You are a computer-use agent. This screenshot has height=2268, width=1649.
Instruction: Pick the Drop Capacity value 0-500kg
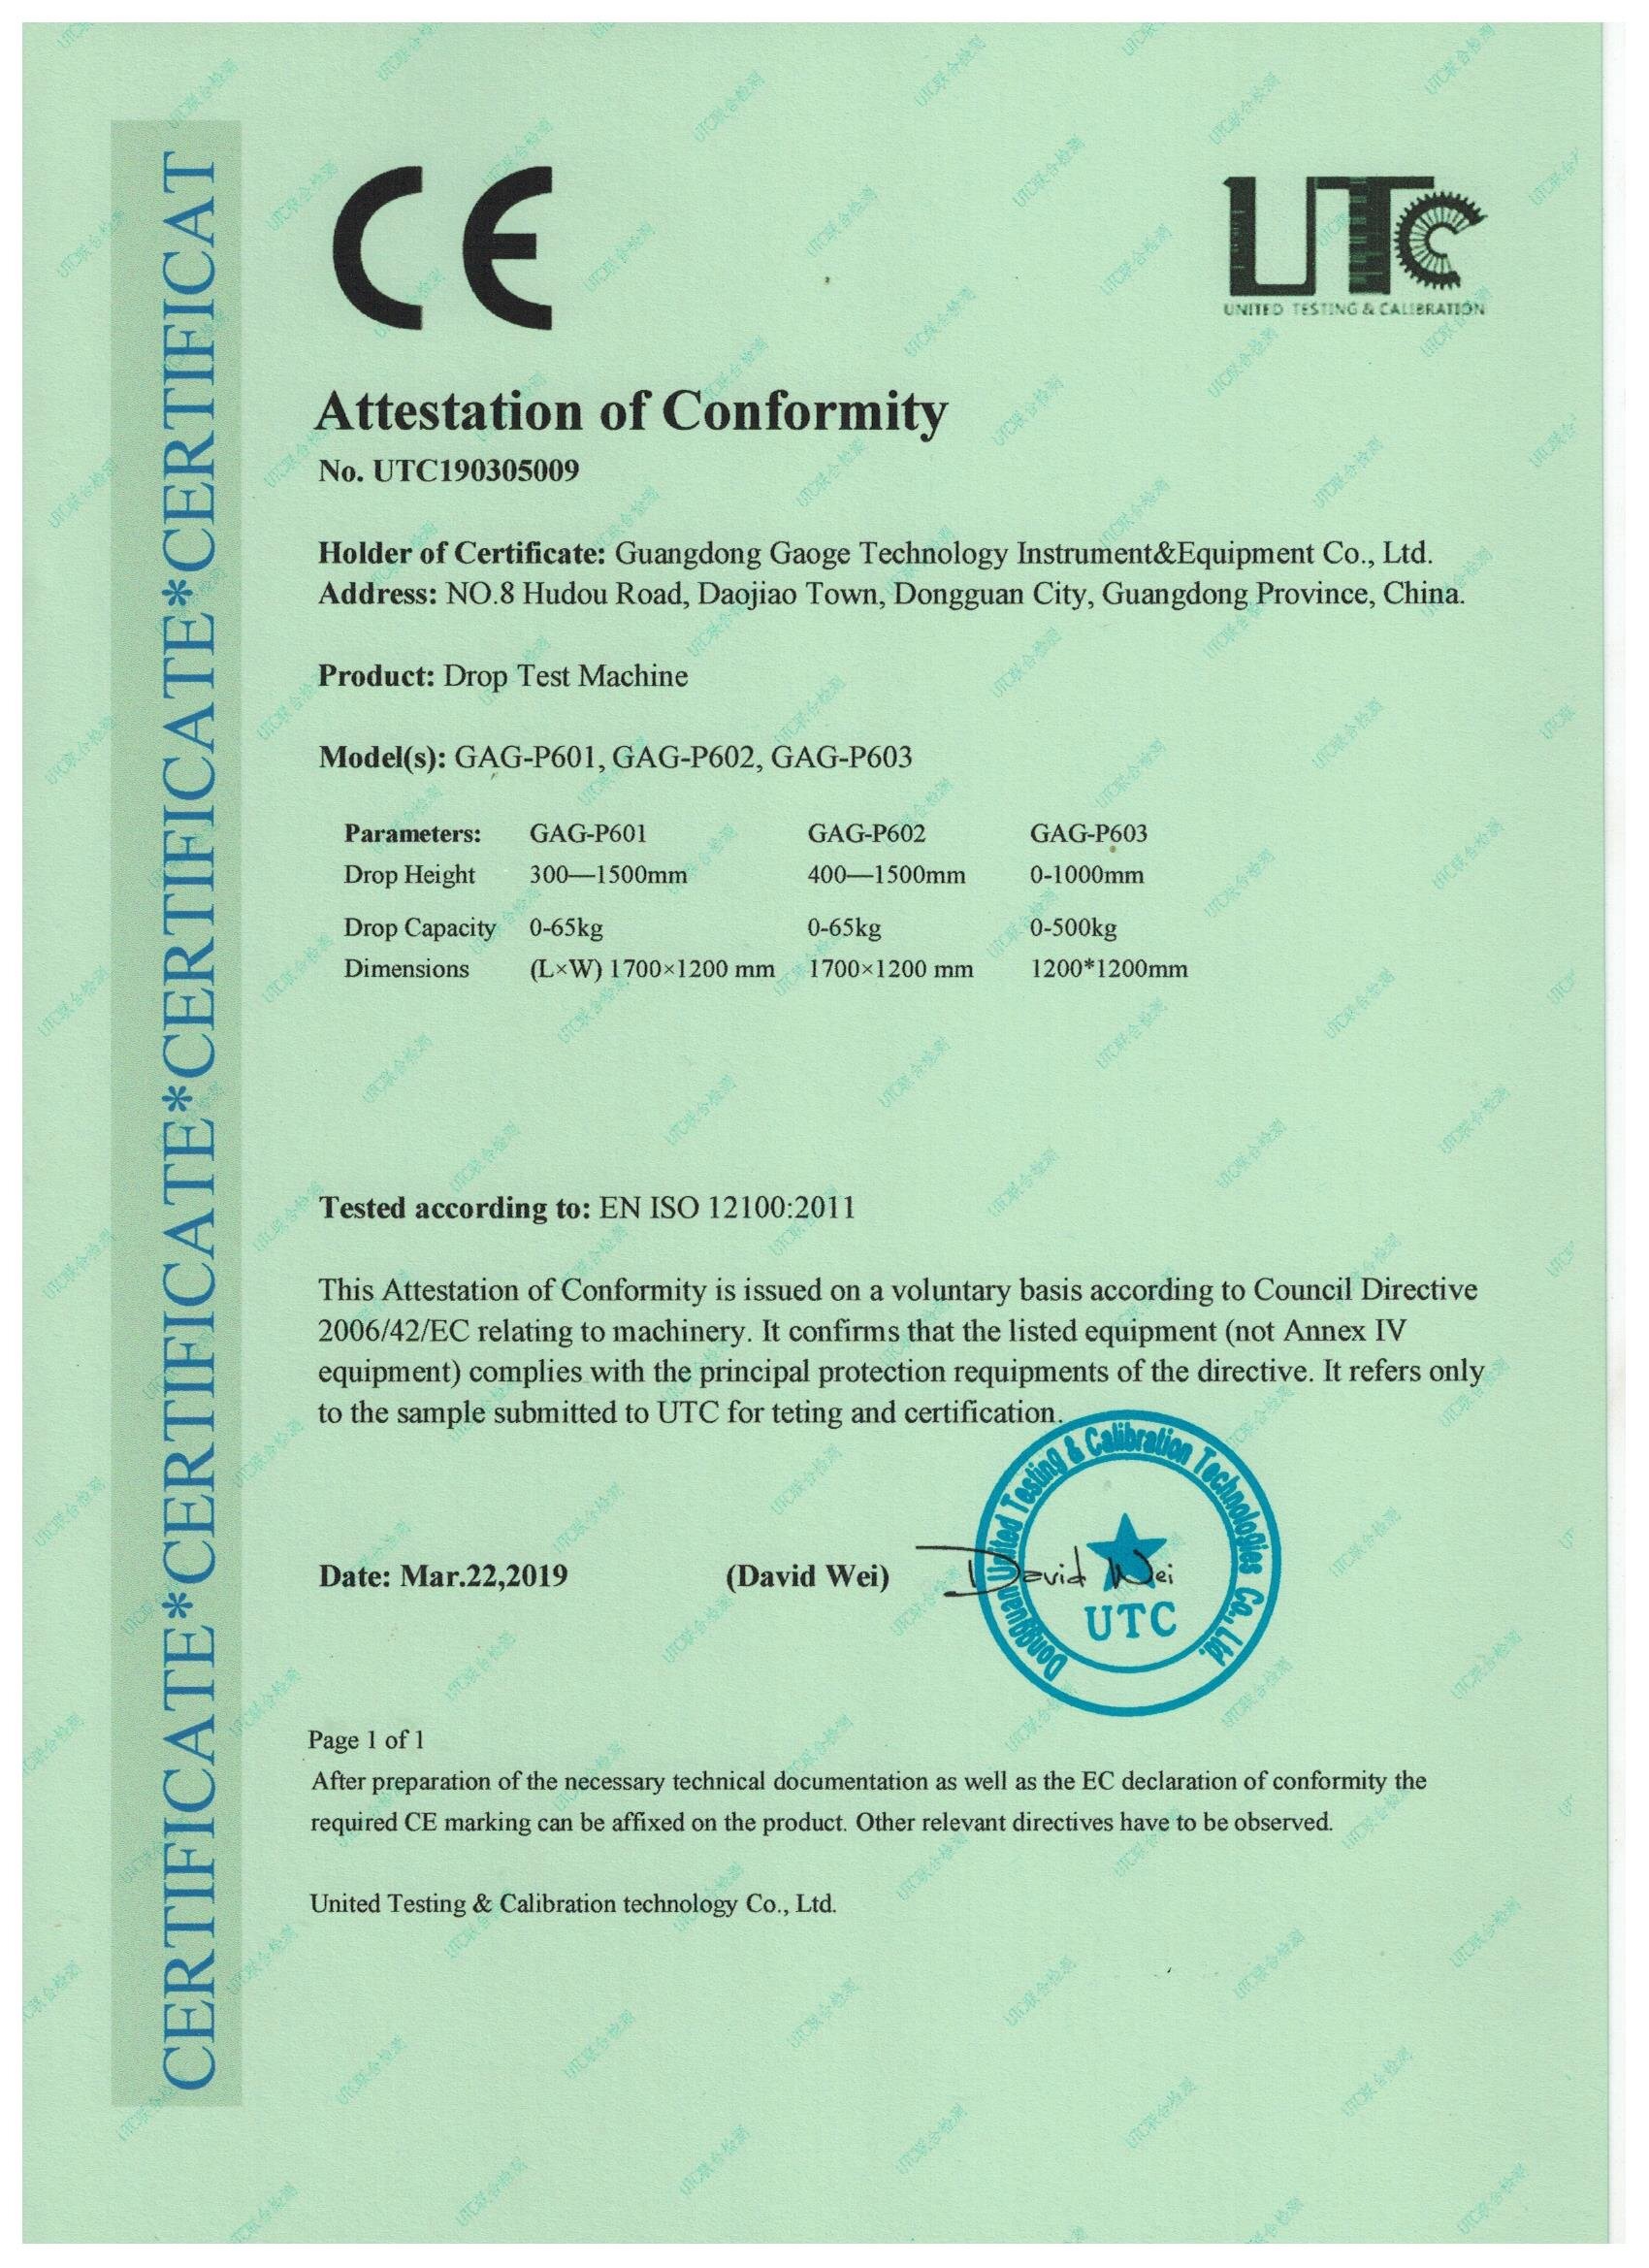1074,928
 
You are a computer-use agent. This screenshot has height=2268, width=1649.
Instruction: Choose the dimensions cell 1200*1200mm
1109,969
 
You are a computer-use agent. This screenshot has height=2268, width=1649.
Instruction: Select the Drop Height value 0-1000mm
1087,876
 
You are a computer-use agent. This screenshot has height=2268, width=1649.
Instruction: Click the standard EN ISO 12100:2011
725,1209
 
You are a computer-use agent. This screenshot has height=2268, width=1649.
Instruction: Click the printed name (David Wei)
806,1577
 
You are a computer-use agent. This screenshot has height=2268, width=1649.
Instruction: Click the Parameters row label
413,833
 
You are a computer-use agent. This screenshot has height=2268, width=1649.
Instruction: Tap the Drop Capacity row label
419,928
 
